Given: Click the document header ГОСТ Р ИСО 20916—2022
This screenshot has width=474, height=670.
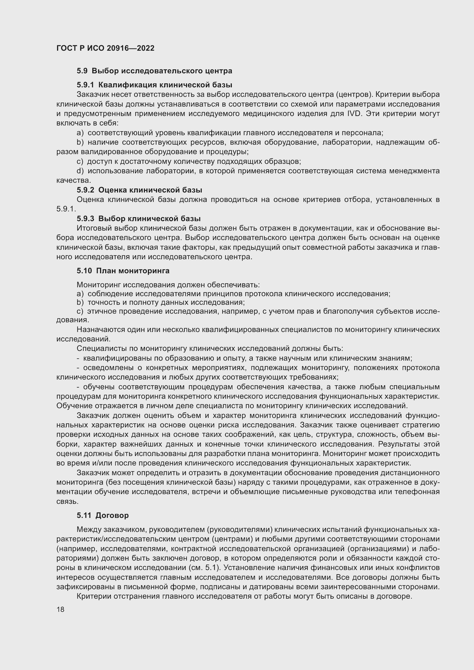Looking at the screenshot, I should (x=105, y=48).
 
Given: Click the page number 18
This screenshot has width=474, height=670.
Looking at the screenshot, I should (x=60, y=609).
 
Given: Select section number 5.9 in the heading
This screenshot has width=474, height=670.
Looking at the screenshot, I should (x=82, y=71).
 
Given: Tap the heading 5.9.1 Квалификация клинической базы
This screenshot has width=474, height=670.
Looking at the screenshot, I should (x=154, y=85).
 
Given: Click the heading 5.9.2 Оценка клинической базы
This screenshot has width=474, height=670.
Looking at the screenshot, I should (x=139, y=190).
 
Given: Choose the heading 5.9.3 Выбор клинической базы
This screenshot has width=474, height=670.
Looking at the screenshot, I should (x=139, y=219).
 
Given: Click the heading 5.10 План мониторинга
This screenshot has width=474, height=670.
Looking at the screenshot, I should (x=123, y=271).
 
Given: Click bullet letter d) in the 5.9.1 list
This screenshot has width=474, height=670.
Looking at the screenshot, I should (x=80, y=171).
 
